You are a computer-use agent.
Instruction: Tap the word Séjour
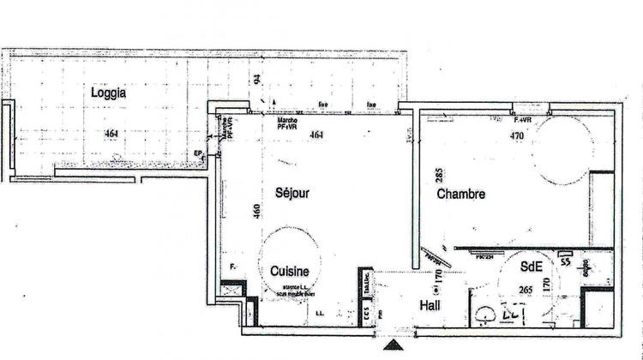[x=291, y=193]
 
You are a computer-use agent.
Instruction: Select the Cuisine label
[x=290, y=271]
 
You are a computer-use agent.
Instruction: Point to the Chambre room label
[x=461, y=195]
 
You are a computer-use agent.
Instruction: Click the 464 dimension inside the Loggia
[x=111, y=134]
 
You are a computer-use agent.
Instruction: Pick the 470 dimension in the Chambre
[x=517, y=135]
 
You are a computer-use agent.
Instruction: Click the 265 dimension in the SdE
[x=526, y=291]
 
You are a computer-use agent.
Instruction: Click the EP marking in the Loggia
[x=197, y=154]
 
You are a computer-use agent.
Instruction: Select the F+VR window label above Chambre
[x=521, y=119]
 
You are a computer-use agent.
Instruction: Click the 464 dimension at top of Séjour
[x=316, y=135]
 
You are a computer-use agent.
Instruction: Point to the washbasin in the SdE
[x=487, y=315]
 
